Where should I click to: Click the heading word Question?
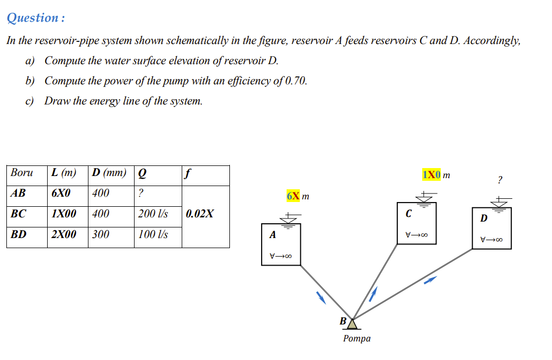click(x=32, y=17)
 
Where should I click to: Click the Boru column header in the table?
click(x=22, y=173)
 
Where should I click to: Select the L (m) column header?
click(x=63, y=173)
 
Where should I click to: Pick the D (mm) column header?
click(x=109, y=173)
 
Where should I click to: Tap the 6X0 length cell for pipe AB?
click(x=61, y=194)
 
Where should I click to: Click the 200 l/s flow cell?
click(x=153, y=214)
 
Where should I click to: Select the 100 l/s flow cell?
click(x=153, y=234)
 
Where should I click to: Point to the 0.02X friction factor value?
click(x=200, y=214)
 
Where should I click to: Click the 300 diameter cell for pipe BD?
click(x=101, y=234)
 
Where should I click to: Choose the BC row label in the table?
click(x=19, y=214)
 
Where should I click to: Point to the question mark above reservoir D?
click(x=500, y=180)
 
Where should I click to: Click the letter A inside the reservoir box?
click(x=272, y=234)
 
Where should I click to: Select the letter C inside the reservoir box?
click(x=408, y=214)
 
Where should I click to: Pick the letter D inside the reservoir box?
click(x=483, y=218)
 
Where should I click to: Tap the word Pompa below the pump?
click(x=357, y=338)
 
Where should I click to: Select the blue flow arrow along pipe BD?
click(x=431, y=280)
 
